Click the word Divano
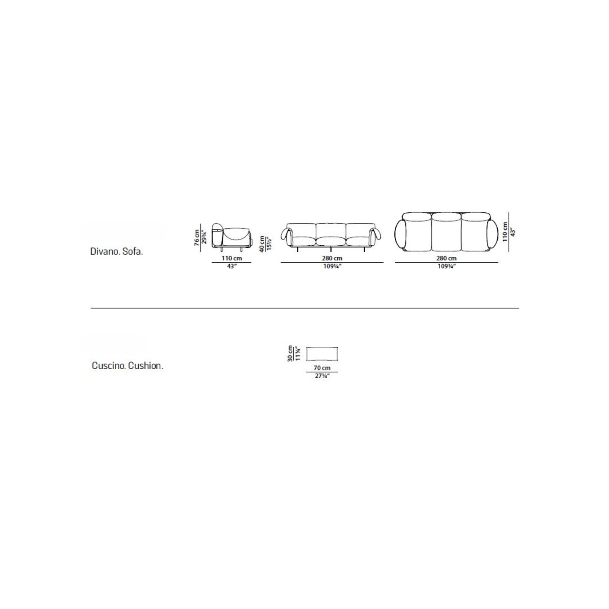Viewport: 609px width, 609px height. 104,252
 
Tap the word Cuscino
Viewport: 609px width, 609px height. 108,366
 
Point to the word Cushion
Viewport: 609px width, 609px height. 145,366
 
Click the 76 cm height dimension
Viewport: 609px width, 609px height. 197,238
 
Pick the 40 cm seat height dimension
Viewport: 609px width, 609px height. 262,243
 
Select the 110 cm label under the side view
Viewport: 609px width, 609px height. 231,258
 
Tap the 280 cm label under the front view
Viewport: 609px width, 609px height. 332,258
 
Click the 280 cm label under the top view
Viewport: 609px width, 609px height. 446,258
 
